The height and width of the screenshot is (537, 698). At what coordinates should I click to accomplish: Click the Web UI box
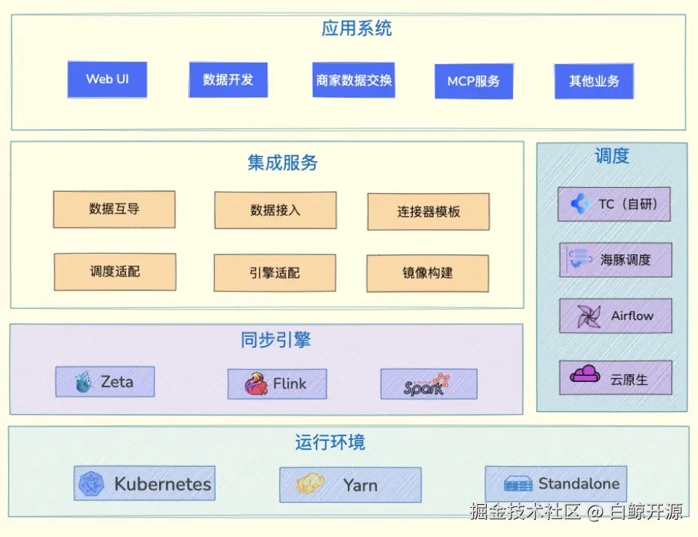(x=107, y=79)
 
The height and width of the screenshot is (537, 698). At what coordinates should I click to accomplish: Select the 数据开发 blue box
(x=228, y=80)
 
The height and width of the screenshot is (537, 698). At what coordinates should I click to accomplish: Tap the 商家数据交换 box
(x=353, y=80)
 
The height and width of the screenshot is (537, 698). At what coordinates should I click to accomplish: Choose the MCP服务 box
(x=473, y=81)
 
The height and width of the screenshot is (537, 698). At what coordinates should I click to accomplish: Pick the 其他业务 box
(x=593, y=81)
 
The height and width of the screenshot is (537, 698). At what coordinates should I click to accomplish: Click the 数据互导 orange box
(x=114, y=210)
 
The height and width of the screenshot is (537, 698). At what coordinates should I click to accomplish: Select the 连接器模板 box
(x=429, y=212)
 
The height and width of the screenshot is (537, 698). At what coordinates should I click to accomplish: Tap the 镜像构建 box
(x=428, y=273)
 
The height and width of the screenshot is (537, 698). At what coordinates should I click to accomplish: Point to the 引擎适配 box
(x=274, y=273)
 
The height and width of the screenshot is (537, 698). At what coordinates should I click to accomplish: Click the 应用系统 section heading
(x=356, y=29)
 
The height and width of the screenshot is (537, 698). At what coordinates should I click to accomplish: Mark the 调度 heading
(x=611, y=156)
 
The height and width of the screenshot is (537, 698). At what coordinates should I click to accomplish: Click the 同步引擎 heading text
(x=275, y=341)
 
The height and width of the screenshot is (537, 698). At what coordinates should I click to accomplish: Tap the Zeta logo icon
(x=84, y=383)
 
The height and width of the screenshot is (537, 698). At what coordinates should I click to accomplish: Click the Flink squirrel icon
(x=256, y=384)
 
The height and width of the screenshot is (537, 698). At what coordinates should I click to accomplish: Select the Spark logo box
(x=429, y=384)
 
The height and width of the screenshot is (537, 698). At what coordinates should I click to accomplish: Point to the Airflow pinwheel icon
(x=588, y=316)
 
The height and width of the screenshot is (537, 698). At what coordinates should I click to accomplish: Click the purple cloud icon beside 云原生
(x=585, y=374)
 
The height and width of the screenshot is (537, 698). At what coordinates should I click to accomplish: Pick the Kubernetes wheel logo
(x=91, y=484)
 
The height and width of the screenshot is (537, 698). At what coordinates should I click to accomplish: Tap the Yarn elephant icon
(x=310, y=485)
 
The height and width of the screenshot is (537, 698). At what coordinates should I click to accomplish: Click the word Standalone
(x=579, y=483)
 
